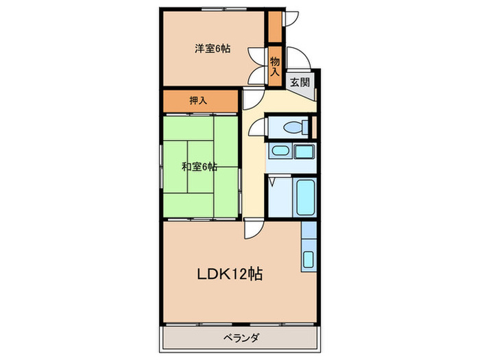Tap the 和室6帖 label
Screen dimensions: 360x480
point(200,167)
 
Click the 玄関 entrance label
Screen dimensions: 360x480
point(300,82)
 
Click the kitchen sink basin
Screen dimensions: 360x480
point(308,260)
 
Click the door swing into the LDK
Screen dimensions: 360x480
point(252,228)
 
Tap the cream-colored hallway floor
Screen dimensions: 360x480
point(254,178)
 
